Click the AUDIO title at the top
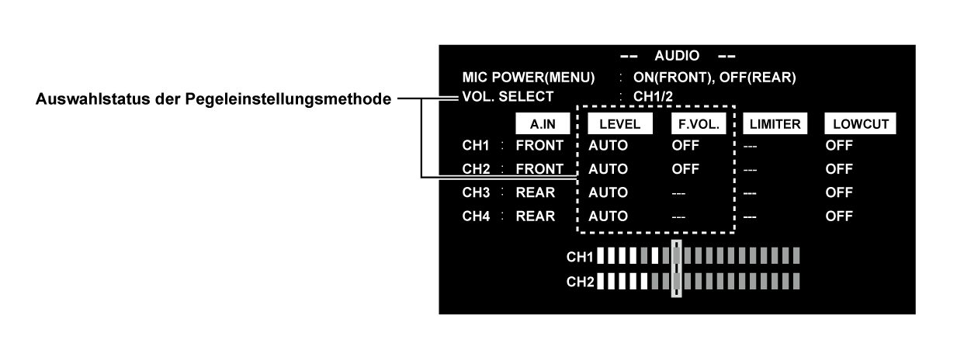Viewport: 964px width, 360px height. point(678,56)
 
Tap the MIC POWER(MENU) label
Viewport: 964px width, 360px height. point(528,78)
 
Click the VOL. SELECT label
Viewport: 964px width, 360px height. point(508,97)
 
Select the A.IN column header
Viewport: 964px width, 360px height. point(543,123)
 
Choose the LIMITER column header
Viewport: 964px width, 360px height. point(773,123)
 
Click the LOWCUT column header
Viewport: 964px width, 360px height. point(860,123)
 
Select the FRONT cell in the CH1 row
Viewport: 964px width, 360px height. point(541,144)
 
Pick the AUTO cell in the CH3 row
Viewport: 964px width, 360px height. point(608,192)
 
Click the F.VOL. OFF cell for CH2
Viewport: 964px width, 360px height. point(685,168)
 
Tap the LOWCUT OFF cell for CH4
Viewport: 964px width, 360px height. point(839,216)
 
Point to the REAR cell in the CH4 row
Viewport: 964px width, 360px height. point(536,216)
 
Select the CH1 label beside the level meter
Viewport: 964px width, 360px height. point(580,255)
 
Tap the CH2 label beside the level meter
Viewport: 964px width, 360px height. point(580,280)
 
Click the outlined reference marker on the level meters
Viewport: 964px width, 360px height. point(676,268)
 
